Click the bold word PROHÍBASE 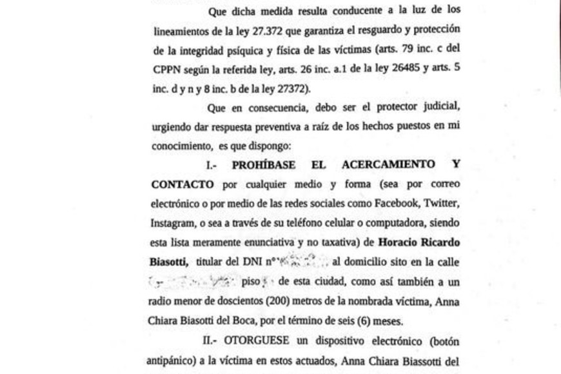264,164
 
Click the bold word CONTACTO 183,184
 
